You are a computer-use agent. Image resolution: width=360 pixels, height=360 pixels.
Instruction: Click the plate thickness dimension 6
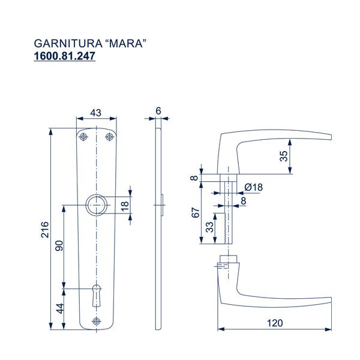tap(158, 110)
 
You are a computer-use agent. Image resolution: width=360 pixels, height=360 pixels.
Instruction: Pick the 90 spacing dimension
tap(59, 247)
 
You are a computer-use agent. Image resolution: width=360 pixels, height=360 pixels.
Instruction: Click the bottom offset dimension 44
tap(59, 310)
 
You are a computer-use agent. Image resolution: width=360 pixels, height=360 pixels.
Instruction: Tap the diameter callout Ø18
tap(254, 187)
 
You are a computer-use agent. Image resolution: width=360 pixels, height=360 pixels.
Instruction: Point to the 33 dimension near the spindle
tap(209, 228)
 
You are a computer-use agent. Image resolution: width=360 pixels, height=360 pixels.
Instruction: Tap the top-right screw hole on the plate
tap(109, 137)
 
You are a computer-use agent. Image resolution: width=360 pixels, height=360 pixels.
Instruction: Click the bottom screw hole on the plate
tap(96, 322)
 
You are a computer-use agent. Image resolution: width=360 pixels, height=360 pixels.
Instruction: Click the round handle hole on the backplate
tap(96, 205)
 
